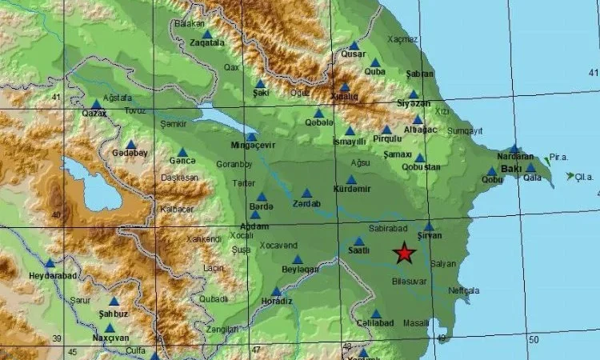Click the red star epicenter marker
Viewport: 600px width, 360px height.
tap(405, 254)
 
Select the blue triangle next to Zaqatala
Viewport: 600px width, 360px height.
tap(207, 34)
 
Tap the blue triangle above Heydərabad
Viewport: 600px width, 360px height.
tap(50, 262)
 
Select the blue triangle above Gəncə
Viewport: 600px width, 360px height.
tap(182, 151)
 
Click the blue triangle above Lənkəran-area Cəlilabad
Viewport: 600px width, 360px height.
tap(376, 314)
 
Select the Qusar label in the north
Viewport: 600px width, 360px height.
tap(353, 55)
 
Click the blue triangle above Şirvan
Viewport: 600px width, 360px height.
tap(429, 226)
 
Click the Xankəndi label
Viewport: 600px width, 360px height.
tap(203, 238)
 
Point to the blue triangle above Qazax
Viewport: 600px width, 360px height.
tap(97, 104)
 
